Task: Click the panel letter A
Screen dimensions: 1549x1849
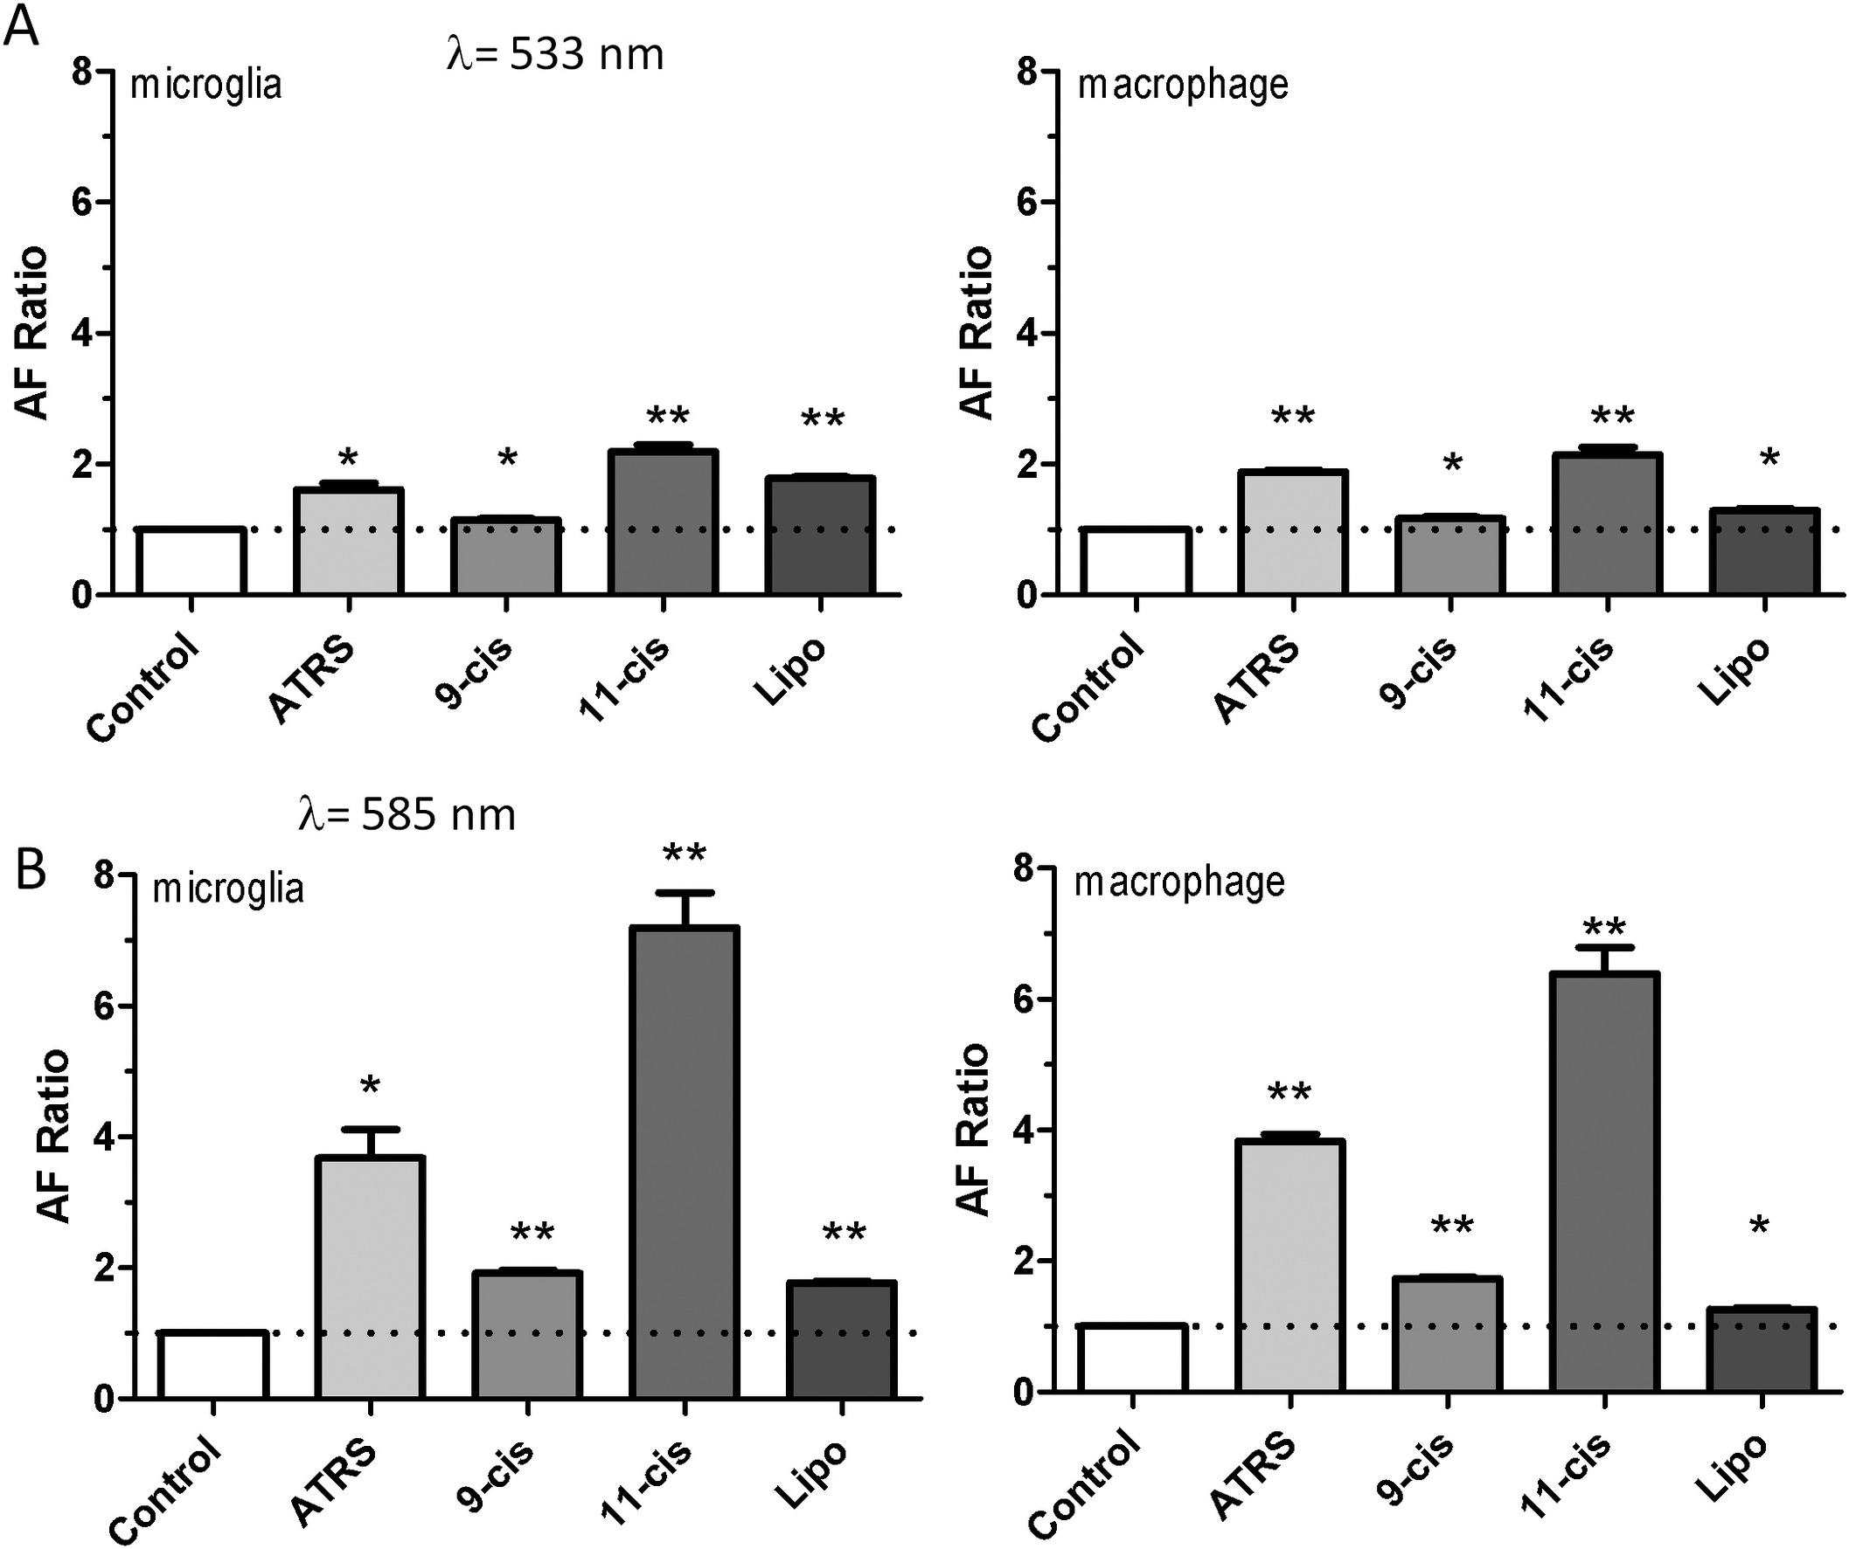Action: [21, 26]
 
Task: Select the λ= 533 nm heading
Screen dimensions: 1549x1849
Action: [554, 54]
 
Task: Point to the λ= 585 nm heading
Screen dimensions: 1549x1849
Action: [407, 814]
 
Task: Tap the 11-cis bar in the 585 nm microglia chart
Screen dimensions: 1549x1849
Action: [685, 1162]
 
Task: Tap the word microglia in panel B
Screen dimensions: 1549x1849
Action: [228, 888]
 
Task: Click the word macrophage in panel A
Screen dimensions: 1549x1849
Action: [1183, 86]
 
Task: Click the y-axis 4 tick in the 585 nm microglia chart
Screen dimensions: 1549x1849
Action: [104, 1138]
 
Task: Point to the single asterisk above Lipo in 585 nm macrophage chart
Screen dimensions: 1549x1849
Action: [1759, 1225]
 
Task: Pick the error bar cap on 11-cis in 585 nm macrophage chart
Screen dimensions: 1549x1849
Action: [1604, 948]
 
